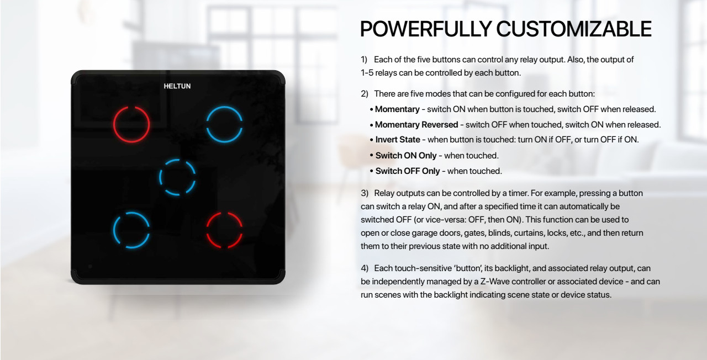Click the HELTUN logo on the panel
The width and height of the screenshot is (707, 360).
[x=177, y=86]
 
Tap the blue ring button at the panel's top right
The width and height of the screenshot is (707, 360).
[x=224, y=107]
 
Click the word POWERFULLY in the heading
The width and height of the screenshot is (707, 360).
[x=426, y=29]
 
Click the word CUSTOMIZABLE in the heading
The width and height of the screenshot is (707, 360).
[x=574, y=29]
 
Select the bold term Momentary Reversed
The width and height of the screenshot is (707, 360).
[x=416, y=125]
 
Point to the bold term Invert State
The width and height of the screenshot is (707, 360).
[x=398, y=140]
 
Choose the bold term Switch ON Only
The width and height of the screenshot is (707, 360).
[x=406, y=156]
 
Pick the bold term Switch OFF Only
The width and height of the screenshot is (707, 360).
[x=408, y=171]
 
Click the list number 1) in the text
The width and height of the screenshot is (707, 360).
[x=364, y=60]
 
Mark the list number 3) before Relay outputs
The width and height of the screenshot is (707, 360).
[x=365, y=193]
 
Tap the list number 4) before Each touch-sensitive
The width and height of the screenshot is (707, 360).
[x=365, y=268]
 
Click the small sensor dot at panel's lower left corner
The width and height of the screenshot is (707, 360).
[x=90, y=267]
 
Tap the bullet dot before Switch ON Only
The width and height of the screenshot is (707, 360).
[x=372, y=156]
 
